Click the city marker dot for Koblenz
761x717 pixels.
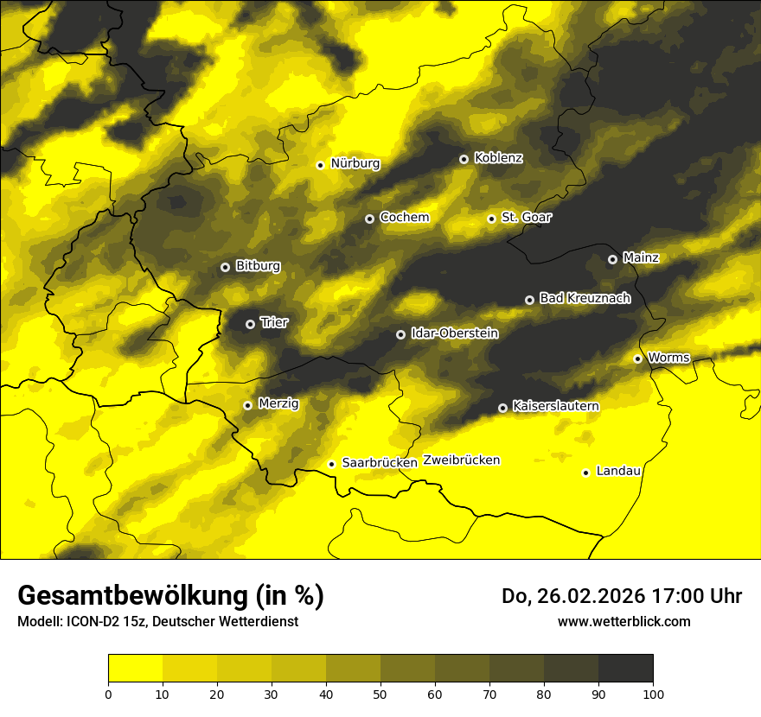(x=464, y=159)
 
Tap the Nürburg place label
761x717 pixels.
(x=355, y=163)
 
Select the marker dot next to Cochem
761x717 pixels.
(x=369, y=219)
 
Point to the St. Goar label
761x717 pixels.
(x=526, y=217)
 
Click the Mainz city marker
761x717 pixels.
(x=612, y=259)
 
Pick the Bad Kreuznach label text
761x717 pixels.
(x=585, y=298)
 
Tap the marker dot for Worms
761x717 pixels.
(x=637, y=358)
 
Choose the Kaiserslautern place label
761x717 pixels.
(x=555, y=406)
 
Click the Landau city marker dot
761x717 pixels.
(x=585, y=473)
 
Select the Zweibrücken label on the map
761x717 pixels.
(x=461, y=460)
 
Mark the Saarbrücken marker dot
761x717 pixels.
(x=331, y=464)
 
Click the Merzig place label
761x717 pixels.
(x=278, y=403)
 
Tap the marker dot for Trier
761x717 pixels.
(x=250, y=324)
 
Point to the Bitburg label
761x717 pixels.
(x=258, y=266)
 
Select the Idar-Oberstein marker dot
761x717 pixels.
(x=400, y=334)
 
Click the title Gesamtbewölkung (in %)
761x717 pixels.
(x=170, y=596)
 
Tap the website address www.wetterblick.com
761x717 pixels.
(x=624, y=621)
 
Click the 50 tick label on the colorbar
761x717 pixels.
(x=380, y=694)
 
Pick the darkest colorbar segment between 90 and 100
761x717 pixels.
(x=625, y=668)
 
